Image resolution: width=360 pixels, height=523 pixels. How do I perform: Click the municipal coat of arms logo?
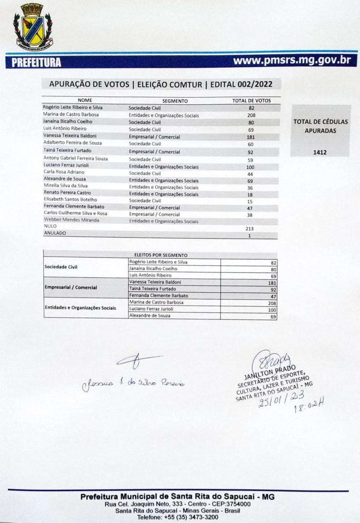[33, 27]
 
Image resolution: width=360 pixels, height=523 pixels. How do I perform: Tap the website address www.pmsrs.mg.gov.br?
[292, 61]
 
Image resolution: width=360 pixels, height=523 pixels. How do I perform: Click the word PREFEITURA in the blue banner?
[36, 63]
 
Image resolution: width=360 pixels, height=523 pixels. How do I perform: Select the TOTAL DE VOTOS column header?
[251, 101]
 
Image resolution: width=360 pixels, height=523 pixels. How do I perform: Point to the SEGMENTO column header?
[175, 101]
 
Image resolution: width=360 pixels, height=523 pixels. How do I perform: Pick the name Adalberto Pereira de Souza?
[73, 143]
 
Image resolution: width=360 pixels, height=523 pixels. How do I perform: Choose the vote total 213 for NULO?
[249, 229]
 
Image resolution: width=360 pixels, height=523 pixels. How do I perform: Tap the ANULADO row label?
[55, 233]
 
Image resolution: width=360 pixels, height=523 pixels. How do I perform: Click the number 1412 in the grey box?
[320, 152]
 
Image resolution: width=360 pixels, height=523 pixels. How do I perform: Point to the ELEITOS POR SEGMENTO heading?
[161, 255]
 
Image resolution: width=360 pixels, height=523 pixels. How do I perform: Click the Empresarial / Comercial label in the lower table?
[71, 287]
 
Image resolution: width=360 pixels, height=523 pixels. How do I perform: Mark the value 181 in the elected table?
[272, 283]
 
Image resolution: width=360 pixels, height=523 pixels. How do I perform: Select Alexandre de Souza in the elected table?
[149, 316]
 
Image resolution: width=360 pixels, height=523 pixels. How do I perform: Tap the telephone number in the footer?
[178, 516]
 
